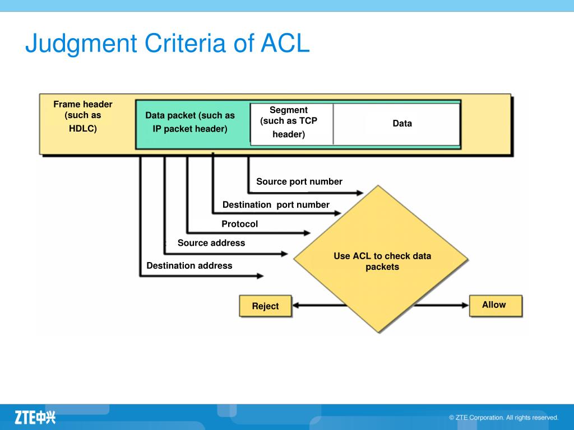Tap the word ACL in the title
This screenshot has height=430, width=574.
pos(285,43)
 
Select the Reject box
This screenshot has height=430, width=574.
pos(265,306)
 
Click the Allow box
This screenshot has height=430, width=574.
pos(496,305)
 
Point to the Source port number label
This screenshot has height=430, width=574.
pos(299,182)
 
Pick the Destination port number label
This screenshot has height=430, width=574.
pos(276,205)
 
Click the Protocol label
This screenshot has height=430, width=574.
pos(239,224)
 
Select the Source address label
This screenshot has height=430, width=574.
pos(211,243)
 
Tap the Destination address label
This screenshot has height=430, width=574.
pos(189,265)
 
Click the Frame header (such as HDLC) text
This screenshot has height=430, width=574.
pos(83,116)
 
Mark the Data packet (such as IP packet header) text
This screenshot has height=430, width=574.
pos(190,122)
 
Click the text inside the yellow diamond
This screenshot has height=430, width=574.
pos(382,261)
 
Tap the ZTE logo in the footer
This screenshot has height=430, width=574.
pos(35,417)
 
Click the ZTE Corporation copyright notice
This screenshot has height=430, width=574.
pos(504,418)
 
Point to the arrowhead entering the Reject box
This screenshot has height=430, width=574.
pos(296,305)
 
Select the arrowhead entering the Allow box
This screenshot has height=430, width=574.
pos(465,305)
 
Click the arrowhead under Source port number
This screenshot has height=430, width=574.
pos(359,193)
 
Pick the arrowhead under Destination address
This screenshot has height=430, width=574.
pos(260,275)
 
